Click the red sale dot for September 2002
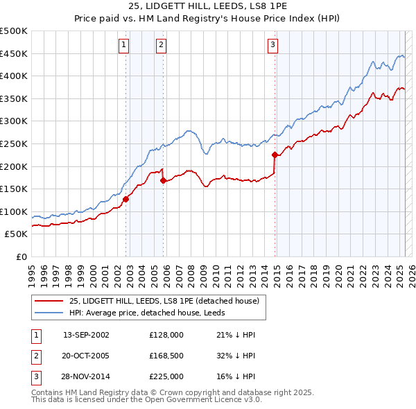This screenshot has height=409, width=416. tap(126, 199)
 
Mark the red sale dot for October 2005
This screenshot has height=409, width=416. tap(163, 180)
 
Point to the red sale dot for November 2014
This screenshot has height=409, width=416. tap(275, 155)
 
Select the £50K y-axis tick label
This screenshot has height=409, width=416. tap(17, 234)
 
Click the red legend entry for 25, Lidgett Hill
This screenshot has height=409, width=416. tap(164, 301)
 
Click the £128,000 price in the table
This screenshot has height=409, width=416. tap(166, 335)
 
